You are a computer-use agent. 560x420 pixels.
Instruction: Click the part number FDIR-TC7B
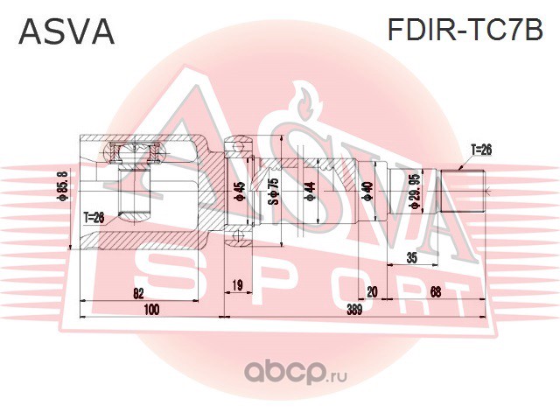(465, 31)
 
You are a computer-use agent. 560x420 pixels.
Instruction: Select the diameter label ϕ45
(240, 192)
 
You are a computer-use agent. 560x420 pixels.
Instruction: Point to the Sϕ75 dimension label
(273, 192)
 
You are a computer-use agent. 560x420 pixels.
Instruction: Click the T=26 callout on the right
(481, 150)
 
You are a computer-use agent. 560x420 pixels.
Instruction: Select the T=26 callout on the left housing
(94, 217)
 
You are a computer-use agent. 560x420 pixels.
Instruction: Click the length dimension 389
(353, 310)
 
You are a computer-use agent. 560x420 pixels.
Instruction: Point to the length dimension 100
(151, 310)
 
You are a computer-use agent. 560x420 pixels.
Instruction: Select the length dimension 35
(415, 256)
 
